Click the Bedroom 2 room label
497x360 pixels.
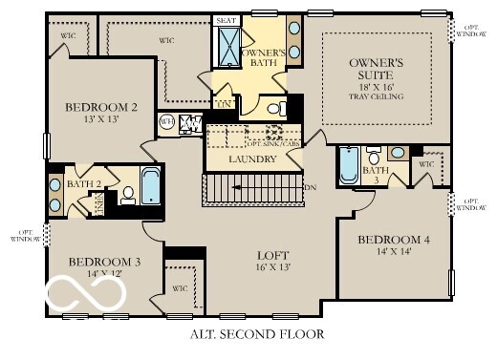pyautogui.click(x=101, y=108)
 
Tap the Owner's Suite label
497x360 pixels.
pyautogui.click(x=380, y=68)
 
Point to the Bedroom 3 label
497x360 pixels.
pyautogui.click(x=105, y=261)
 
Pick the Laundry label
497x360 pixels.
pyautogui.click(x=253, y=159)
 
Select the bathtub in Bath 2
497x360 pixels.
pyautogui.click(x=151, y=186)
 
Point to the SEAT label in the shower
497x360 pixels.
pyautogui.click(x=226, y=20)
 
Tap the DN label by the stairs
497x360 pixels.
pyautogui.click(x=310, y=187)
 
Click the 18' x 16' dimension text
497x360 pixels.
pyautogui.click(x=379, y=86)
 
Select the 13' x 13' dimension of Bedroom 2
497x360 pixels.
pyautogui.click(x=101, y=121)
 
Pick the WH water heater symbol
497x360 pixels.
pyautogui.click(x=166, y=122)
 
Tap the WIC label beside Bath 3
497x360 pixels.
pyautogui.click(x=425, y=164)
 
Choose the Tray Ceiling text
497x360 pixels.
pyautogui.click(x=380, y=95)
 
